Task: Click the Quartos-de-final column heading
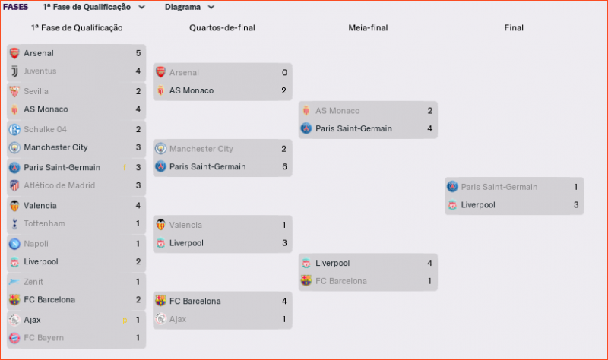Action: [222, 28]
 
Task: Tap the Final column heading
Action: [514, 28]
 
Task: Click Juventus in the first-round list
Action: [40, 71]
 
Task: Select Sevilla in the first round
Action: [37, 91]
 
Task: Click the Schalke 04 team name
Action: [45, 129]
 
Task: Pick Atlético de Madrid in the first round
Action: [59, 185]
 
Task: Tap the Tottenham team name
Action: [44, 223]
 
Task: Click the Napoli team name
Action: [36, 243]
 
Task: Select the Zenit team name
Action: [35, 281]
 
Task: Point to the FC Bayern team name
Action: [43, 337]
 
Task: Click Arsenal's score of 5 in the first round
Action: [138, 53]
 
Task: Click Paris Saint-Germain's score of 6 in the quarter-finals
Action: [283, 166]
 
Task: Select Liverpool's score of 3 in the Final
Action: [575, 205]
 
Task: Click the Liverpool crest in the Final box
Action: [452, 205]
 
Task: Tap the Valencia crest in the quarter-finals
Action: [160, 225]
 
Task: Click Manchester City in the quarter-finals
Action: [201, 149]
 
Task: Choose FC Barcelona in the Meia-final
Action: [340, 281]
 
